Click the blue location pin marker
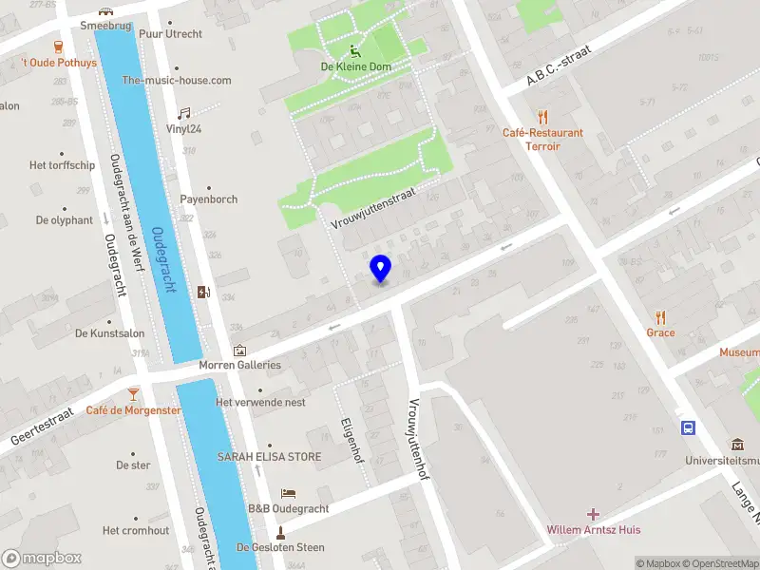click(380, 269)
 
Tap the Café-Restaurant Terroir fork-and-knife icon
click(542, 117)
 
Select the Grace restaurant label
click(660, 332)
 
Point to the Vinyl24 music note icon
click(184, 112)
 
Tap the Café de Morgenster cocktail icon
click(133, 392)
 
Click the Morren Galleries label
click(239, 365)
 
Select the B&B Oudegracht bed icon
click(289, 493)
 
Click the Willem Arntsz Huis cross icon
click(593, 514)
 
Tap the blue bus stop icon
click(687, 427)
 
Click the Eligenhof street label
click(352, 441)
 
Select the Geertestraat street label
click(42, 423)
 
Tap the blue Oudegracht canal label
click(164, 258)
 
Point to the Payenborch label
click(209, 199)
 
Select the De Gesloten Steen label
click(280, 547)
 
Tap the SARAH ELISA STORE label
click(269, 457)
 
